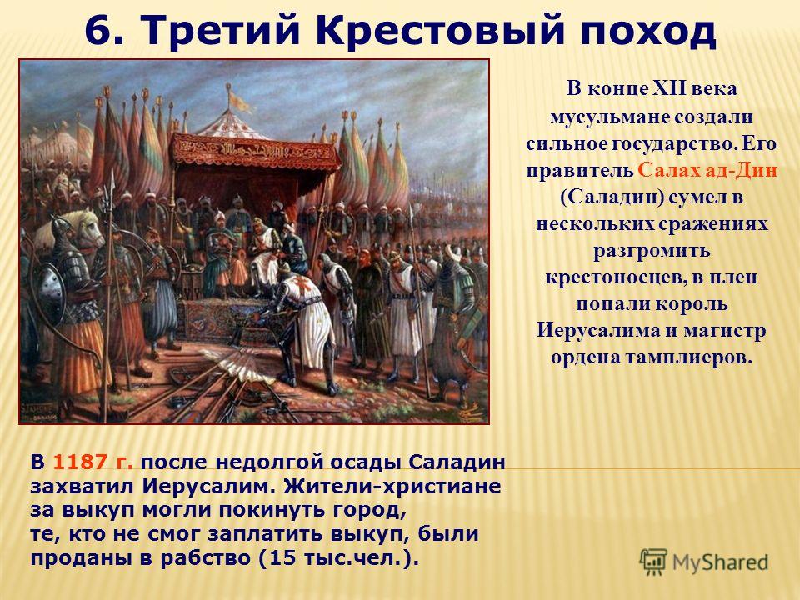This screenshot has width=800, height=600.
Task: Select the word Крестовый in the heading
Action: [440, 31]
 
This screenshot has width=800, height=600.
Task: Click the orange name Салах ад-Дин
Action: [707, 170]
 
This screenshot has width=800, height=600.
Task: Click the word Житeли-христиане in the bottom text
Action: [392, 486]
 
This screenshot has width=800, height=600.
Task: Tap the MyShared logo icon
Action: [653, 562]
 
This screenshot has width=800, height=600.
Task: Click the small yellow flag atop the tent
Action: [239, 102]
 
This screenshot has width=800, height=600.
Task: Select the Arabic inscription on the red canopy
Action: [255, 148]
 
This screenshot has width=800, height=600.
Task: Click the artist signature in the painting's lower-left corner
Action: [40, 411]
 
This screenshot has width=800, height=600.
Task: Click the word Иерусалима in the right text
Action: [597, 330]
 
